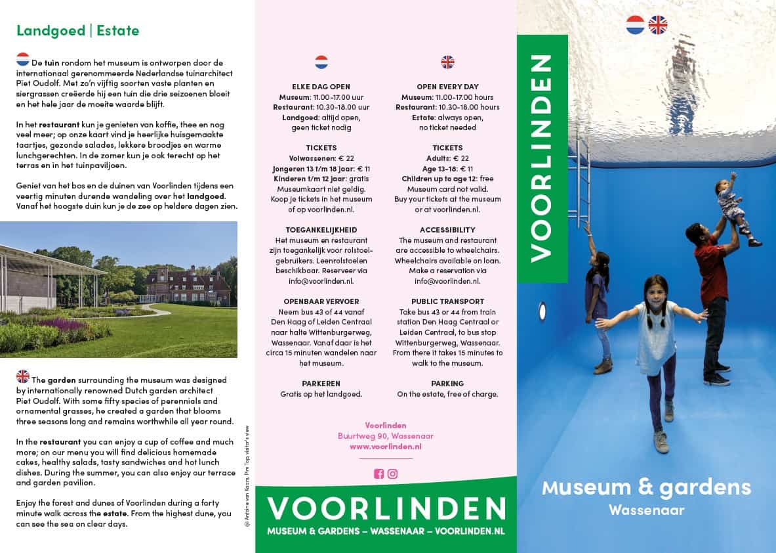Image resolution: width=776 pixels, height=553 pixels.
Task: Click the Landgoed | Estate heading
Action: point(77,30)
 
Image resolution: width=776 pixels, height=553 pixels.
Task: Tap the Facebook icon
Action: point(378,474)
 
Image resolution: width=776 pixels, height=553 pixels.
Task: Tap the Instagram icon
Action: point(392,474)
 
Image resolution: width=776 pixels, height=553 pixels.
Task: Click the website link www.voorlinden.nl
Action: point(385,447)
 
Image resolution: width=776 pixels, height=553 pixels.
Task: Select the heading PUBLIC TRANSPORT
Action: point(447,301)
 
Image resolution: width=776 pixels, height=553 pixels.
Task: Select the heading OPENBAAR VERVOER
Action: point(321,301)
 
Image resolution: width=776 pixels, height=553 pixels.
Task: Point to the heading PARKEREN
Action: point(321,384)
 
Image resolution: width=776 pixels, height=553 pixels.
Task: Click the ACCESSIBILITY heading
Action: point(447,230)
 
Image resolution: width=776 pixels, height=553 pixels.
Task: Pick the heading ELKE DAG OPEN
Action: point(321,87)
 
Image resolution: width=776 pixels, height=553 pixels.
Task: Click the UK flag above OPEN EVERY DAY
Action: point(447,62)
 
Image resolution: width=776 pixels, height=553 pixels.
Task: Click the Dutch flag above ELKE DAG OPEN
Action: point(321,62)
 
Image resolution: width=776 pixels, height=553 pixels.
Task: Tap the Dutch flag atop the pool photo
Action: point(635,25)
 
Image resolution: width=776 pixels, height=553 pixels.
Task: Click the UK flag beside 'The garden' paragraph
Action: point(23,376)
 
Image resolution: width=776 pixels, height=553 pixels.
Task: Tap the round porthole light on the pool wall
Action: point(542,311)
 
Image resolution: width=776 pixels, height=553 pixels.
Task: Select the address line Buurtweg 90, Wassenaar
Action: point(385,436)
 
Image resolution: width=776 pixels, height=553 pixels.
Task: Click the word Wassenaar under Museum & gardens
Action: point(645,510)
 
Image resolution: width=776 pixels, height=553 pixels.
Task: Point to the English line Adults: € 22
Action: point(447,158)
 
